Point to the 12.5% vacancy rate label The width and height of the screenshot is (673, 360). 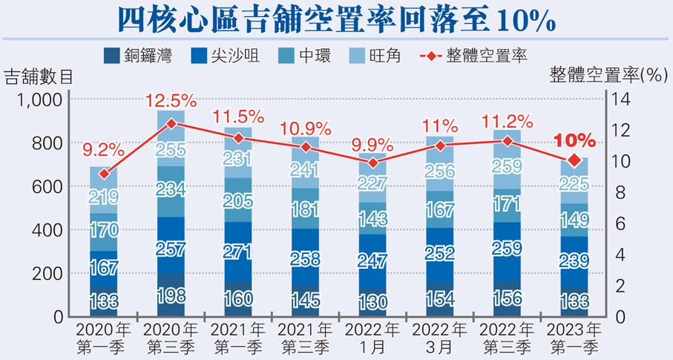[171, 99]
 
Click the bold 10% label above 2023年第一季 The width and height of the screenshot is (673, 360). [574, 140]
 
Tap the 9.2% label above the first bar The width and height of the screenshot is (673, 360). [104, 150]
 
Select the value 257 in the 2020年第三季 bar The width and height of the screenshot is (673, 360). [171, 248]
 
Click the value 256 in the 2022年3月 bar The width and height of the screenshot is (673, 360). [440, 172]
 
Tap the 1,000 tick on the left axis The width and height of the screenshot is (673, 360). [42, 99]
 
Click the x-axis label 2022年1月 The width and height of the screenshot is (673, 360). [372, 336]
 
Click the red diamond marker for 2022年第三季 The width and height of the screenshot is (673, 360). [508, 141]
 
